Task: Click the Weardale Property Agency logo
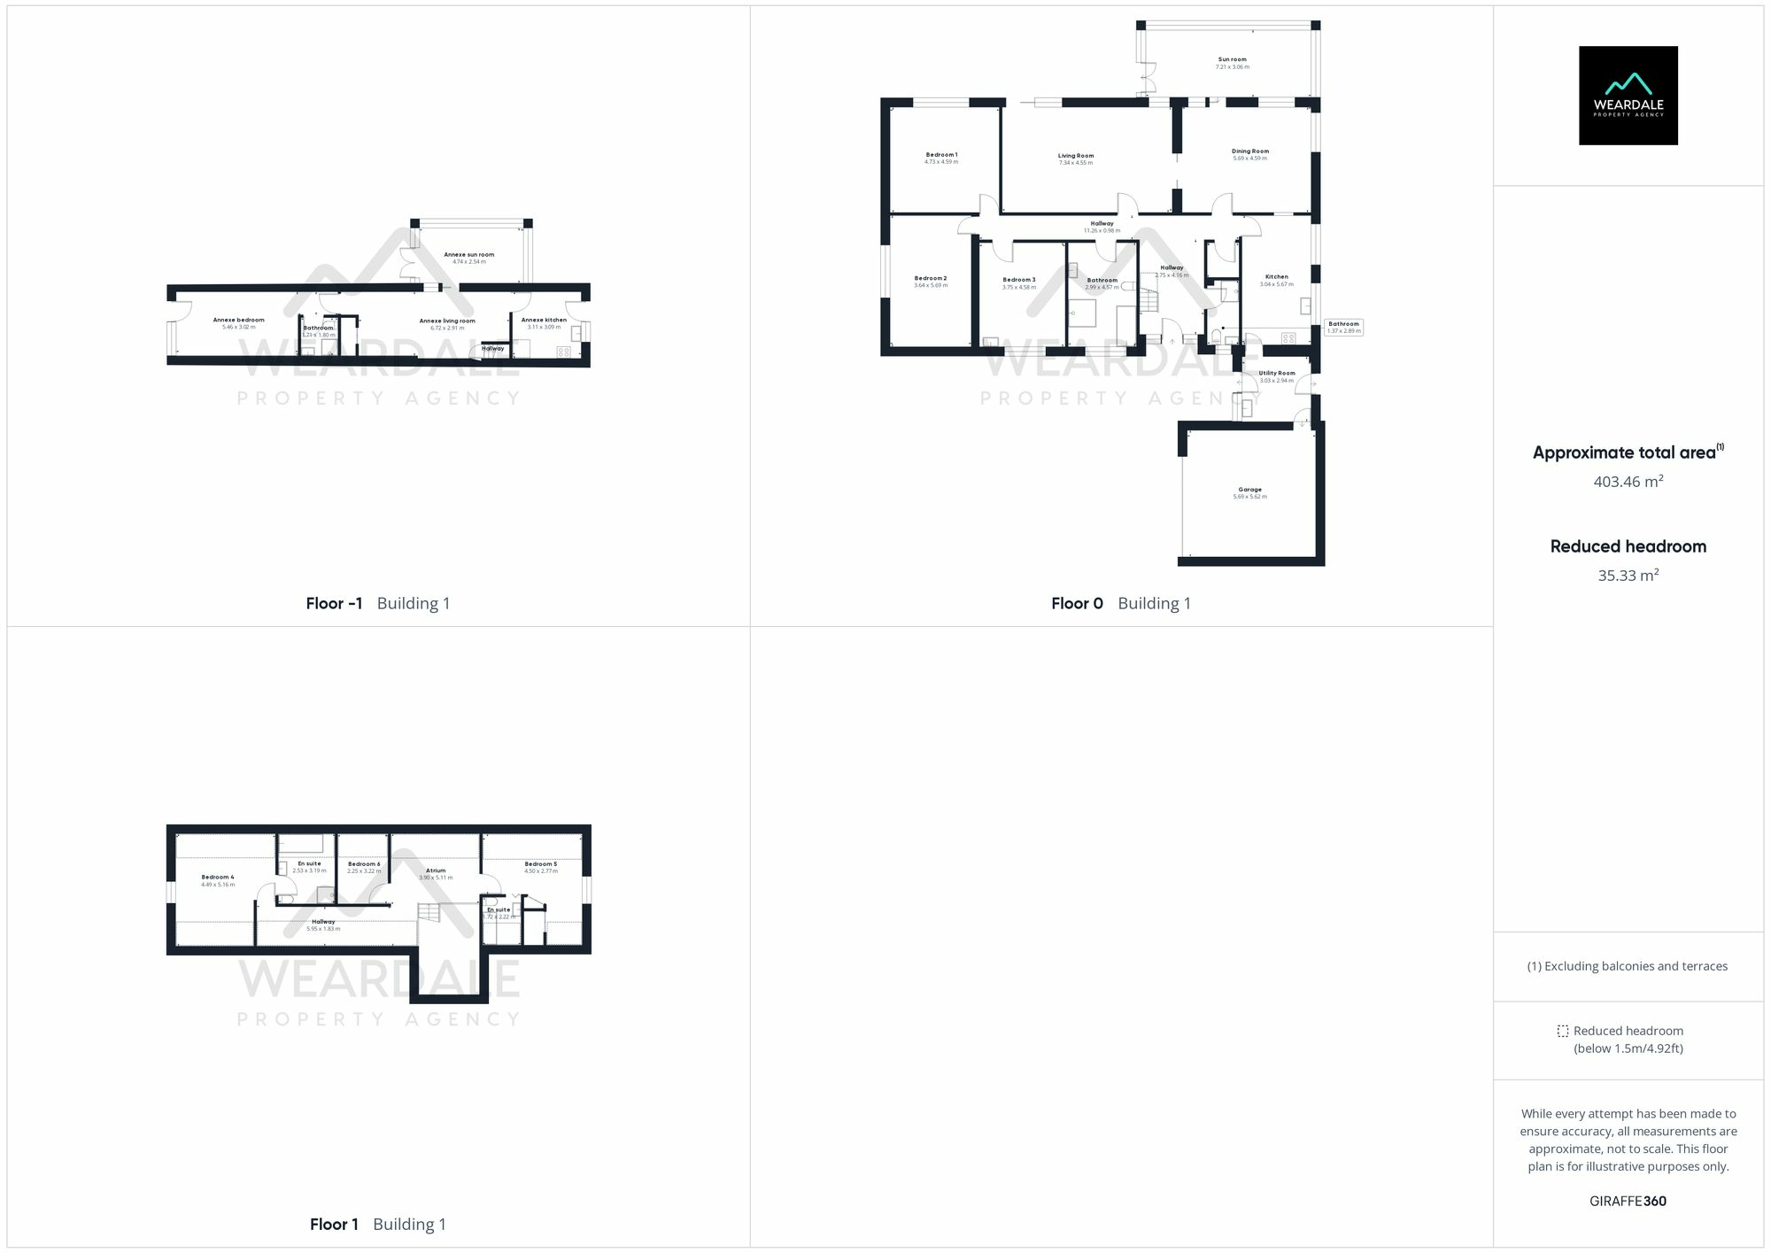[1628, 96]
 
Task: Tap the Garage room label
[1249, 490]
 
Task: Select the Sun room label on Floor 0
[1232, 59]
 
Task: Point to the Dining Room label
[1249, 151]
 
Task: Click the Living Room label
[1075, 156]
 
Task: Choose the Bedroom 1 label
[940, 155]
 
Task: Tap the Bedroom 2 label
[930, 279]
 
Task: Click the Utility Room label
[1276, 374]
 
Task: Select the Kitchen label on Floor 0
[1276, 277]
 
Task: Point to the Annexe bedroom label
[238, 321]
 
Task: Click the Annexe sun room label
[468, 255]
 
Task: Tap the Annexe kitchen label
[544, 321]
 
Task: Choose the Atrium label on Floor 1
[435, 871]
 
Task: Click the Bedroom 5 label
[540, 864]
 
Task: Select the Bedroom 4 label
[217, 878]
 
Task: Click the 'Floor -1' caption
[334, 604]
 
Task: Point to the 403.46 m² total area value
[1628, 483]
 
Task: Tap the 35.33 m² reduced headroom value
[1628, 576]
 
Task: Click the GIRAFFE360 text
[1628, 1202]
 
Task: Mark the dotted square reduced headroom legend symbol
[1563, 1032]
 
